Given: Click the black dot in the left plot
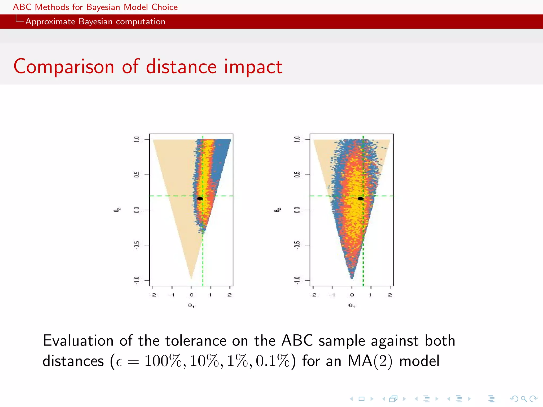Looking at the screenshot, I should tap(200, 198).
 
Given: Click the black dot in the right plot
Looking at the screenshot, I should tap(360, 198).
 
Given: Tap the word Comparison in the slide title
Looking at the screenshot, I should tap(64, 67).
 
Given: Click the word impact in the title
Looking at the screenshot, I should tap(253, 67).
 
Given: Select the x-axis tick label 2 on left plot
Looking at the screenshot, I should tap(230, 295).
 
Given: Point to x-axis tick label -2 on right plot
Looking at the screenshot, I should tap(313, 295).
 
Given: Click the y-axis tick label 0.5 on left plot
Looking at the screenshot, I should tap(136, 175).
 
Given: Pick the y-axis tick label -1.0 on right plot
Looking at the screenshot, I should tap(297, 280).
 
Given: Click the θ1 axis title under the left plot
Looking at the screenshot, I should tap(191, 306).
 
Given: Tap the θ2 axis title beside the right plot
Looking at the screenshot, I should tap(277, 210).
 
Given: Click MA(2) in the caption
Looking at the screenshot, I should tap(370, 361).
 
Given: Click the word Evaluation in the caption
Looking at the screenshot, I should tap(78, 340).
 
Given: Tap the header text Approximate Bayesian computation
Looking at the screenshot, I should tap(95, 21).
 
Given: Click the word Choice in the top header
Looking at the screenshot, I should tap(164, 7).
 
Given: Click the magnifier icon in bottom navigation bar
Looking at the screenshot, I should tap(524, 399).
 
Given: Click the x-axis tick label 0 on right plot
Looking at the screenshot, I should tap(352, 295).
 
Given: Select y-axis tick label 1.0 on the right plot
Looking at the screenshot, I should tap(297, 139).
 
